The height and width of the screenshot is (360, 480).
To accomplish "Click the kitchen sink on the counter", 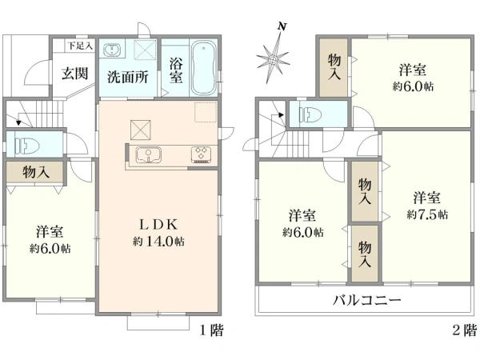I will point(148,154).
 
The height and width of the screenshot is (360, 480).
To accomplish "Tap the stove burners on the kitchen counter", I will point(200,154).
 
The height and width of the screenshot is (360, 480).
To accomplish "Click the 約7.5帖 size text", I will point(426,214).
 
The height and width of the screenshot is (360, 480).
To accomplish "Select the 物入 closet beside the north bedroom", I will point(335,66).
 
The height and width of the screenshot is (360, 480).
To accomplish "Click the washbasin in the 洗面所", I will point(113,50).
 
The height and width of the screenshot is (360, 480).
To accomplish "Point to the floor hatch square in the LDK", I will point(142,128).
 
